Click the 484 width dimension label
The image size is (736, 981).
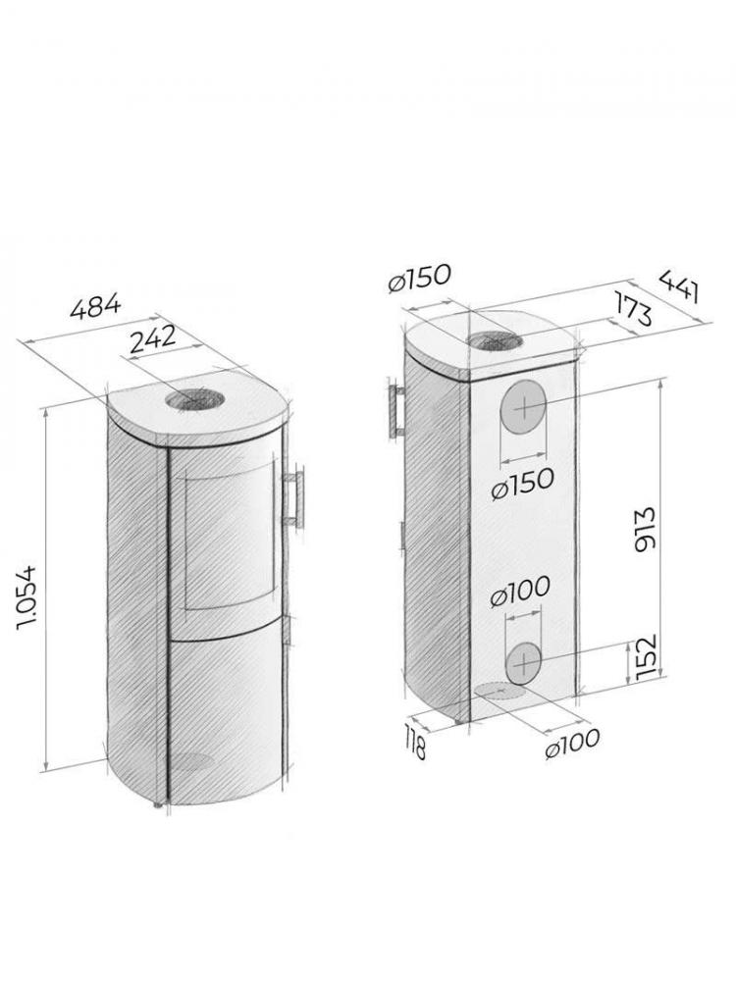[x=96, y=309]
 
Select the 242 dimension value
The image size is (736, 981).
[x=151, y=337]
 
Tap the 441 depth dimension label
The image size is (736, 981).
[x=680, y=284]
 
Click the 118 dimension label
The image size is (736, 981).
[x=416, y=745]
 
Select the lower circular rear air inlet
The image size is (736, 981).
[x=525, y=662]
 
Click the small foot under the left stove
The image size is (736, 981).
[x=156, y=806]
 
